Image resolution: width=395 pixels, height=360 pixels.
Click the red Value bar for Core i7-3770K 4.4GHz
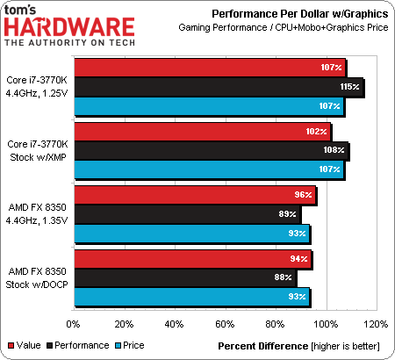tap(210, 68)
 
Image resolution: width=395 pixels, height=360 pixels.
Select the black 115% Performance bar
tap(219, 87)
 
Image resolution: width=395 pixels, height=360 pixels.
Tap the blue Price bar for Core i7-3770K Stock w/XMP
tap(209, 169)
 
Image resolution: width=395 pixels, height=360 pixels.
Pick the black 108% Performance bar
tap(212, 150)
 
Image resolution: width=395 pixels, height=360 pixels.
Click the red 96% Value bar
tap(195, 195)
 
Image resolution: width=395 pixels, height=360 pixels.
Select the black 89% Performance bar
tap(187, 214)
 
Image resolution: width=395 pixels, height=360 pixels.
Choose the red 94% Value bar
tap(193, 259)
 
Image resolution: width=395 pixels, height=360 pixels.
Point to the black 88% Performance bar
tap(185, 277)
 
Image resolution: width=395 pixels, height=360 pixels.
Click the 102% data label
tap(316, 132)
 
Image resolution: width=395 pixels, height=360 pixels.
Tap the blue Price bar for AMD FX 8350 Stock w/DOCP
tap(192, 297)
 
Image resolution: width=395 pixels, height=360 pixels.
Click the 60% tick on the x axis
tap(225, 324)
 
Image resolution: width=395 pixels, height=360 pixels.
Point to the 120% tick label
tap(376, 324)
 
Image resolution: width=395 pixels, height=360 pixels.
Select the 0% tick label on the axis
tap(73, 324)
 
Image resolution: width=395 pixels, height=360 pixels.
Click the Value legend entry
tap(25, 345)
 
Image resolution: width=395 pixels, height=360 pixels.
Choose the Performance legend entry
tap(78, 345)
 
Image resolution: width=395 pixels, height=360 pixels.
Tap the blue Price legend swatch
tap(118, 346)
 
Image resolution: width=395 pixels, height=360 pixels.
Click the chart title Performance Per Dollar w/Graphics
tap(300, 14)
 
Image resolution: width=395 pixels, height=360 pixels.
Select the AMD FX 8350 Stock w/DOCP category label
tap(37, 277)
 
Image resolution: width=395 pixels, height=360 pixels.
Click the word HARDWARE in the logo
tap(69, 27)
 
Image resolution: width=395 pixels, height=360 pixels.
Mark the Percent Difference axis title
tap(263, 346)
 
